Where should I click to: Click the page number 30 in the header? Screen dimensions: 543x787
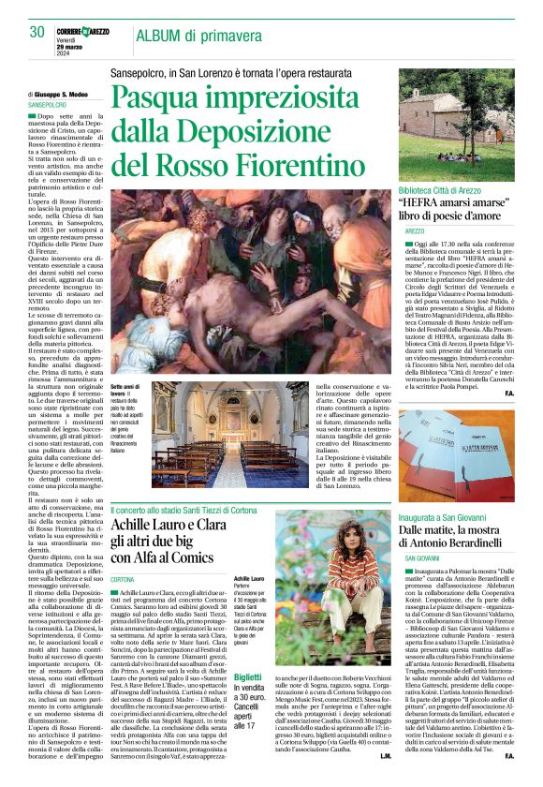[x=37, y=32]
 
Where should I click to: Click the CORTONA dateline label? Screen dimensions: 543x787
[x=123, y=580]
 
